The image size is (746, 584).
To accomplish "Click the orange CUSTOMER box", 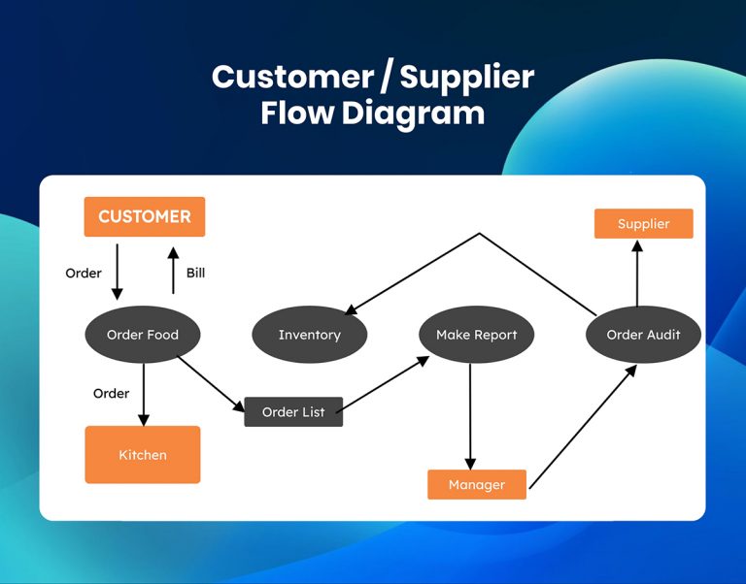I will (145, 216).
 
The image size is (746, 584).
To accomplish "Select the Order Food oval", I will (143, 335).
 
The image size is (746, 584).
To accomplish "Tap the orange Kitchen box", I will (143, 454).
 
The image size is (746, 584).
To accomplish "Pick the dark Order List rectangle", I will (293, 412).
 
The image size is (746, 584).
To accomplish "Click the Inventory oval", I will (309, 335).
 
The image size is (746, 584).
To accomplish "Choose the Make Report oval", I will (476, 335).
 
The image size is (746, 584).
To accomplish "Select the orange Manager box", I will (477, 484).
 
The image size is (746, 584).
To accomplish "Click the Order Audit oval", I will (643, 335).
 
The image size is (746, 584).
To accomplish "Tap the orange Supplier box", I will (643, 224).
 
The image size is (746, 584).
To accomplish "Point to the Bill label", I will (195, 273).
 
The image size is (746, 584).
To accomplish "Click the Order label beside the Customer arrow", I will (84, 273).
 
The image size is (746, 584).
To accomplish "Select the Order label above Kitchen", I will (111, 393).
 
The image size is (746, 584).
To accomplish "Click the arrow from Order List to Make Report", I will (387, 384).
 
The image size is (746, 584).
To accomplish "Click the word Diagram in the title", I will (412, 113).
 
